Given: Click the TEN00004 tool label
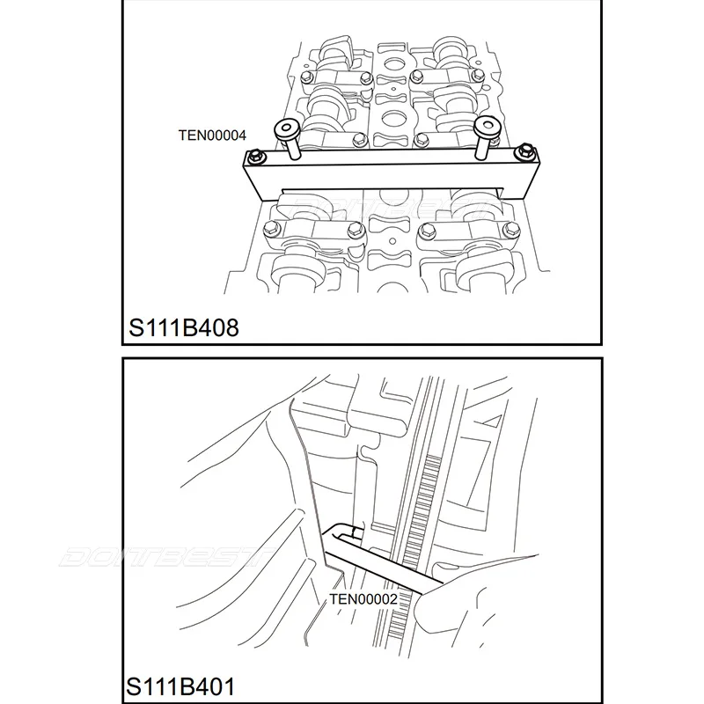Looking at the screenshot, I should pyautogui.click(x=211, y=135).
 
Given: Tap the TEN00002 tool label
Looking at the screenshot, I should pyautogui.click(x=364, y=599).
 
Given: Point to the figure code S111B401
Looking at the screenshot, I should pyautogui.click(x=181, y=686).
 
